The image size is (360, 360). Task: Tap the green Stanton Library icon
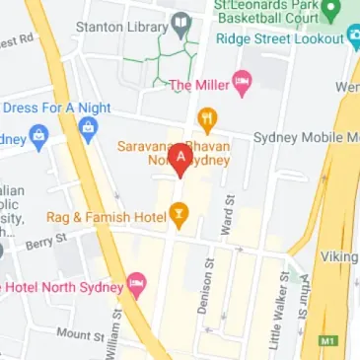pos(180,21)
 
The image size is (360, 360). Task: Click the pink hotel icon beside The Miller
pos(241,83)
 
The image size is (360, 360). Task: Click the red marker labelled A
pos(181,162)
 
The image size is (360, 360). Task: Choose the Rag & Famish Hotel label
pos(106,214)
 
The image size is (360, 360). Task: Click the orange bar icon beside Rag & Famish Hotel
pos(179,211)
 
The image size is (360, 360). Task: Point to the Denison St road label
pos(205,287)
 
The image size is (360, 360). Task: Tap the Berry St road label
pos(45,240)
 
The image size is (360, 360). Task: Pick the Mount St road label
pos(80,335)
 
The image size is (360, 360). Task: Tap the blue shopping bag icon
pos(87,126)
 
